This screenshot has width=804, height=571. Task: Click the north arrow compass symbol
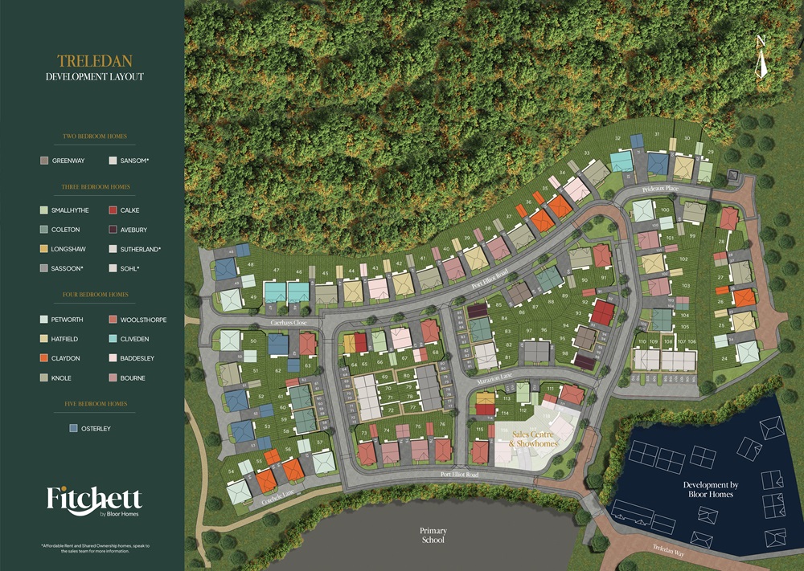761,58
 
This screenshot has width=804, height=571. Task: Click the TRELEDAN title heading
94,61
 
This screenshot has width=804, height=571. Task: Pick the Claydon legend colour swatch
44,358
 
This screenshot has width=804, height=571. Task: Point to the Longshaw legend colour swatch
44,249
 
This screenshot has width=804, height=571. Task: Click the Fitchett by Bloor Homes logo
94,500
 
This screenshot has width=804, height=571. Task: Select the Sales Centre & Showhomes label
534,438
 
